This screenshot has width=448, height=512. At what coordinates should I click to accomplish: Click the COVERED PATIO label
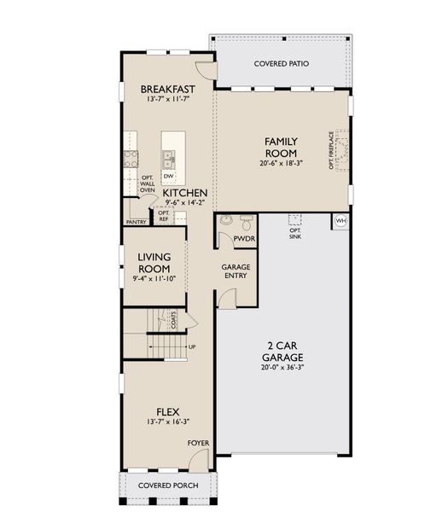coord(282,64)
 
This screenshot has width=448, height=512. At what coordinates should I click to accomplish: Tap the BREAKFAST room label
coord(168,89)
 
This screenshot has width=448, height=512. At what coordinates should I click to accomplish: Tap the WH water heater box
coord(341,221)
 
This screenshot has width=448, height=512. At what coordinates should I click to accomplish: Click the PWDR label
coord(245,239)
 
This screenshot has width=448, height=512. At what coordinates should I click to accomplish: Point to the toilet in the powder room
coord(226,220)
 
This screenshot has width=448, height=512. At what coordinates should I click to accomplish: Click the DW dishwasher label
coord(169,177)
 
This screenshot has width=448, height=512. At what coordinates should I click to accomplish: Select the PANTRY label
coord(136,222)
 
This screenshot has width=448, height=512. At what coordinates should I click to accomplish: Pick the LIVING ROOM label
coord(154,263)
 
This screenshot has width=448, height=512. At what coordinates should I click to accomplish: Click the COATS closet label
coord(174,319)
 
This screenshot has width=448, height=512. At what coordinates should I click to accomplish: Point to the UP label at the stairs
coord(190,347)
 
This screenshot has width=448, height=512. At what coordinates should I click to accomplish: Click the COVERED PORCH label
coord(169,486)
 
